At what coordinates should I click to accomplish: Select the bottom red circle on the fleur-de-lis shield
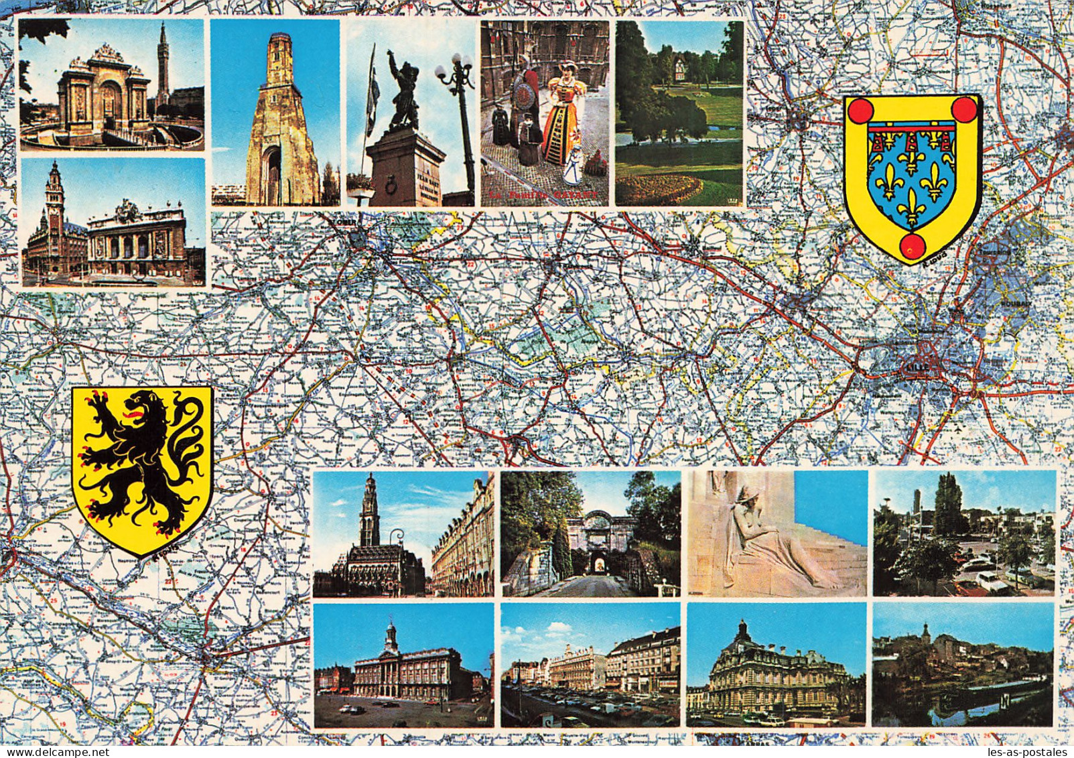911,246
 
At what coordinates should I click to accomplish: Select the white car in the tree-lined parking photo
988,583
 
